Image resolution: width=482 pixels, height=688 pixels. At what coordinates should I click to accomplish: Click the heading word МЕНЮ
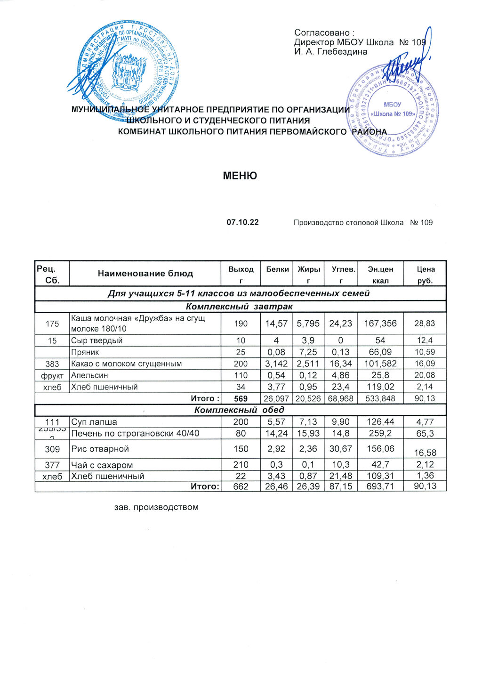point(240,176)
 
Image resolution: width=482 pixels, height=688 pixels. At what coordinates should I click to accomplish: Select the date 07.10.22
point(242,222)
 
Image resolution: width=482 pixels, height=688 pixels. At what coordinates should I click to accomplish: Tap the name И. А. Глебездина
point(331,52)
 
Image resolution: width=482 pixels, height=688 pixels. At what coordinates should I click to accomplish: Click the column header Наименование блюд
point(145,273)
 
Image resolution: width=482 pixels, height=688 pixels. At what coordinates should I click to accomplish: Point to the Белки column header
point(277,269)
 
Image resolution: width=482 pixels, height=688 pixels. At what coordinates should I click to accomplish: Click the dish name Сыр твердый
point(96,340)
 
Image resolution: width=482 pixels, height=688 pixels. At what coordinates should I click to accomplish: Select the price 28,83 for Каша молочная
point(425,324)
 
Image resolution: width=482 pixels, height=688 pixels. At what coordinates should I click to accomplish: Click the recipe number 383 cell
point(52,364)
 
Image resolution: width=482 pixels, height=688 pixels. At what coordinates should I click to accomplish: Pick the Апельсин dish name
point(89,375)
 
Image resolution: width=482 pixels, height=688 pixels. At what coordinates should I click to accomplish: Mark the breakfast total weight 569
point(241,399)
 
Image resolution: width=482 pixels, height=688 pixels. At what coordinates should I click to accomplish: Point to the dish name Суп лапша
point(94,422)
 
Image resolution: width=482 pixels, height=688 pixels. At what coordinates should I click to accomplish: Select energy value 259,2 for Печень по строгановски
point(380,433)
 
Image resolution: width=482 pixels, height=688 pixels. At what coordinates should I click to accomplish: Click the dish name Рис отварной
point(100,449)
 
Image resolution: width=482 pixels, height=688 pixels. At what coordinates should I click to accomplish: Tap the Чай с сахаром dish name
point(102,465)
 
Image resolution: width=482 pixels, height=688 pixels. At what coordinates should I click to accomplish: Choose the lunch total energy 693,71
point(380,486)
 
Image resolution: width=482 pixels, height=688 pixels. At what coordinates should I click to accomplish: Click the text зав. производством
point(156,507)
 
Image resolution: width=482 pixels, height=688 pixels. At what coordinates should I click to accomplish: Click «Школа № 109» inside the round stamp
point(392,114)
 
